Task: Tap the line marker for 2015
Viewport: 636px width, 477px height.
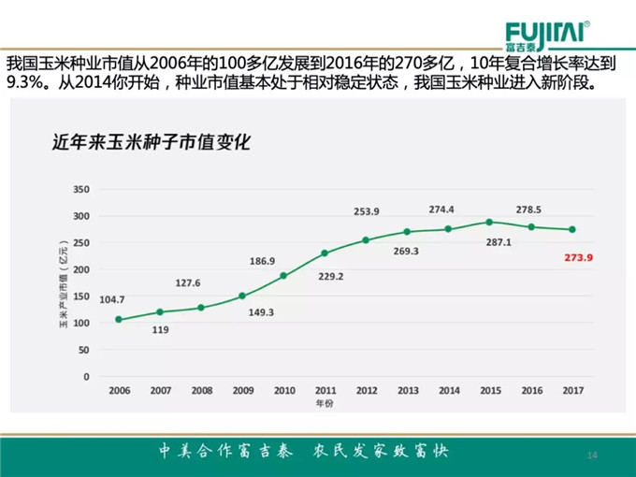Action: (488, 222)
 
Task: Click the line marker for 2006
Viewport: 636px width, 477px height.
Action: (119, 320)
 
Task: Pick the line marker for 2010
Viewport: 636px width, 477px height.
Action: (283, 276)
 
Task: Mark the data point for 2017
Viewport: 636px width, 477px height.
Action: (571, 229)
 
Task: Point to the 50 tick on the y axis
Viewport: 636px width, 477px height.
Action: (83, 350)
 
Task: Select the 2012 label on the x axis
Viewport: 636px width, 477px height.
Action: (366, 390)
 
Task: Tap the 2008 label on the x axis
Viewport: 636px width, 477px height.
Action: (201, 390)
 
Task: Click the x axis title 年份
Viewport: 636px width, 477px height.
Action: (324, 403)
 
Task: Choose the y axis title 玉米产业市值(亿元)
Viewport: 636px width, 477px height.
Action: (65, 282)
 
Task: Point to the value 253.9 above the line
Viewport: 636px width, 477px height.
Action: (366, 211)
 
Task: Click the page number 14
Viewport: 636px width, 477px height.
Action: (591, 455)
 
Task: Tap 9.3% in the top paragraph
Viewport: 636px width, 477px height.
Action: (25, 83)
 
